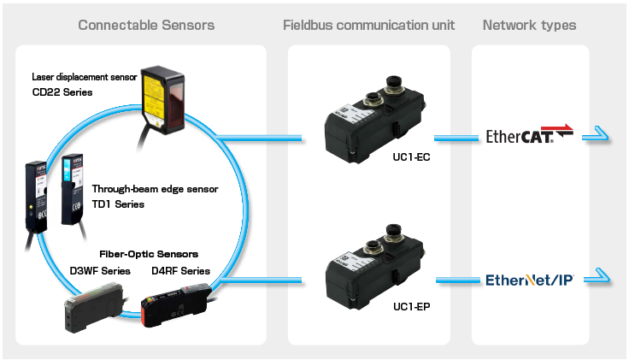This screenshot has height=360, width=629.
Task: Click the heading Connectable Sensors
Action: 146,25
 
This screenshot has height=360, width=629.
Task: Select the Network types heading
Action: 530,25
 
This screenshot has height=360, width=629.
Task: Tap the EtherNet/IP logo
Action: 529,280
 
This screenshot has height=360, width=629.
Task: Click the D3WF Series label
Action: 100,271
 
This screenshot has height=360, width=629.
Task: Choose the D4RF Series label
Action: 180,271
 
